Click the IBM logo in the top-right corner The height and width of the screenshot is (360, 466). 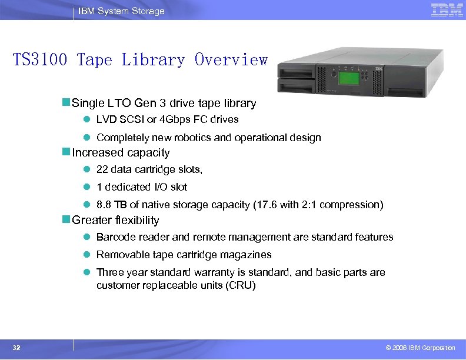(x=447, y=10)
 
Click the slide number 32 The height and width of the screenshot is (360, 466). (x=16, y=348)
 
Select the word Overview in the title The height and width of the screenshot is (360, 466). (x=231, y=60)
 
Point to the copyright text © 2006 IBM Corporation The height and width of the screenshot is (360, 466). (x=417, y=348)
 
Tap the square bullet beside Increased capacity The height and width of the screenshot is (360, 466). (x=66, y=153)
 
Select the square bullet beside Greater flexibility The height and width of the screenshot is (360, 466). (x=66, y=221)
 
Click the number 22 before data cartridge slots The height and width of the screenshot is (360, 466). (x=102, y=169)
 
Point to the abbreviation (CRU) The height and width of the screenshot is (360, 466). (x=242, y=285)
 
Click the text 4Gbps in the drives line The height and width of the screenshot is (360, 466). (x=179, y=119)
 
